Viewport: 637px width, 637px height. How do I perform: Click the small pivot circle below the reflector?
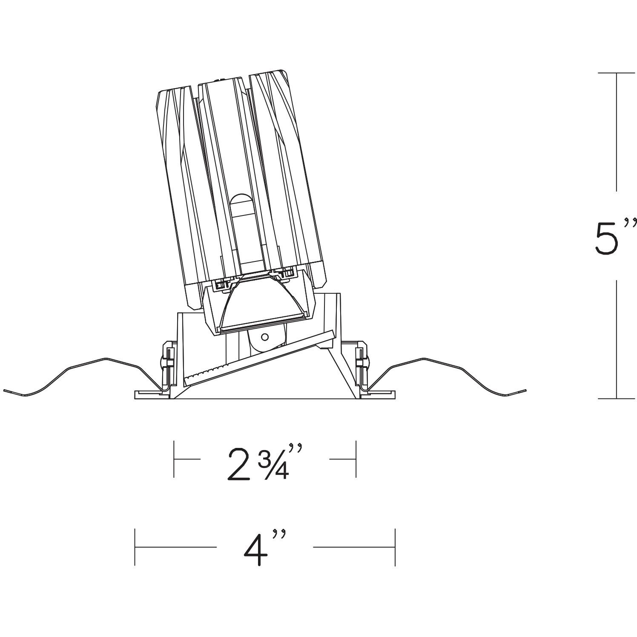click(264, 337)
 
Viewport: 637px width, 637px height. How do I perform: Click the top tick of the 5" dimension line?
click(616, 73)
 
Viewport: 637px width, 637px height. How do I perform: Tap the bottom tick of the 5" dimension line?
click(616, 399)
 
